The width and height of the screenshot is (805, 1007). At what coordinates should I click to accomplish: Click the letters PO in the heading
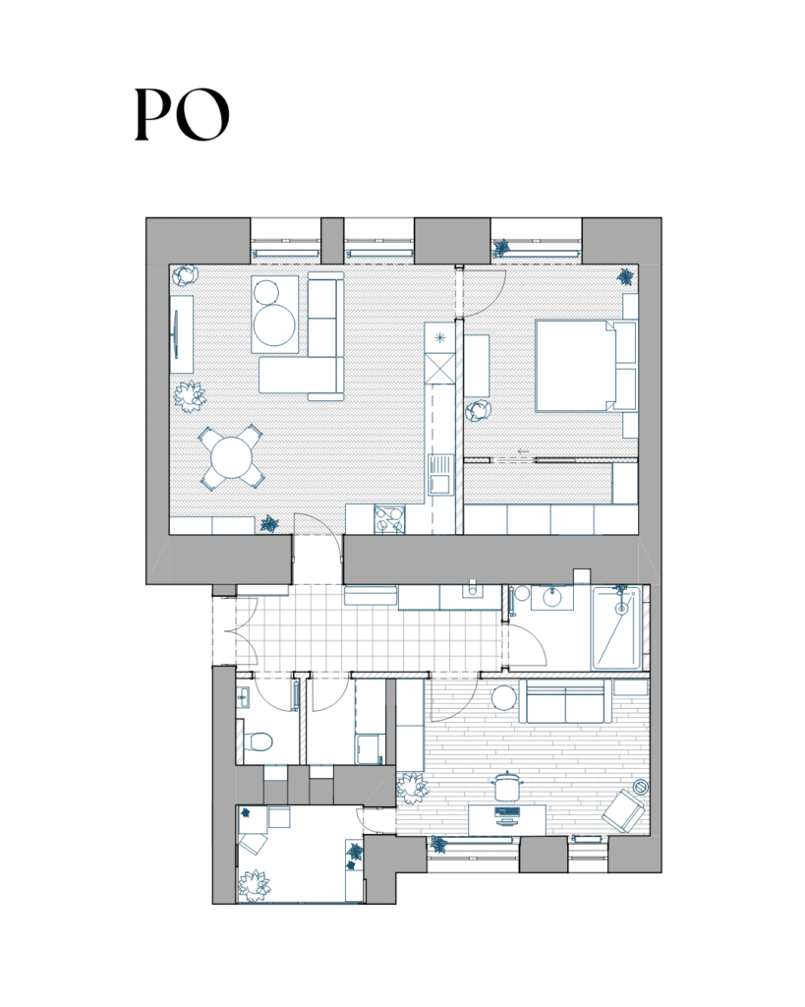click(x=182, y=114)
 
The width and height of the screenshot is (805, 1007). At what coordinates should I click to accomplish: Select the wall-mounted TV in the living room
click(x=175, y=334)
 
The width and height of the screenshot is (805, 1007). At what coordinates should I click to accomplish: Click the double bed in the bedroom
click(x=576, y=366)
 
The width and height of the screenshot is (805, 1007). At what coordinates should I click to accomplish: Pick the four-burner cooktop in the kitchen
click(x=389, y=519)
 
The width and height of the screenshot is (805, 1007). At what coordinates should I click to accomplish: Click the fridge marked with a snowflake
click(x=439, y=338)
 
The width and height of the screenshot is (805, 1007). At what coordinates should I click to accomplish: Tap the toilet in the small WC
click(x=259, y=741)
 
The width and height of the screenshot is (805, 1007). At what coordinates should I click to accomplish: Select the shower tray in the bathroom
click(x=616, y=627)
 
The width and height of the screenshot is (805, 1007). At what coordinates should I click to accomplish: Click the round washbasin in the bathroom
click(x=552, y=597)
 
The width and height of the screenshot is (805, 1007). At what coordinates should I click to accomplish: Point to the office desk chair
click(x=507, y=786)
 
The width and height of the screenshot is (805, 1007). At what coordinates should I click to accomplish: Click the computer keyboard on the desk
click(x=507, y=811)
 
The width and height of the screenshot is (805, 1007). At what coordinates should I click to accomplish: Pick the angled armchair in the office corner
click(x=623, y=811)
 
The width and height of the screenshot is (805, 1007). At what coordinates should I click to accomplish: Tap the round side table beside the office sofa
click(x=504, y=697)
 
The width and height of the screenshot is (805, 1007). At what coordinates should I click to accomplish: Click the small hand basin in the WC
click(x=242, y=696)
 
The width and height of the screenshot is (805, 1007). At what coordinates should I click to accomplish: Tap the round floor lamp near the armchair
click(x=640, y=787)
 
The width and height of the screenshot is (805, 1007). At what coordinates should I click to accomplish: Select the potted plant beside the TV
click(x=190, y=395)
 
